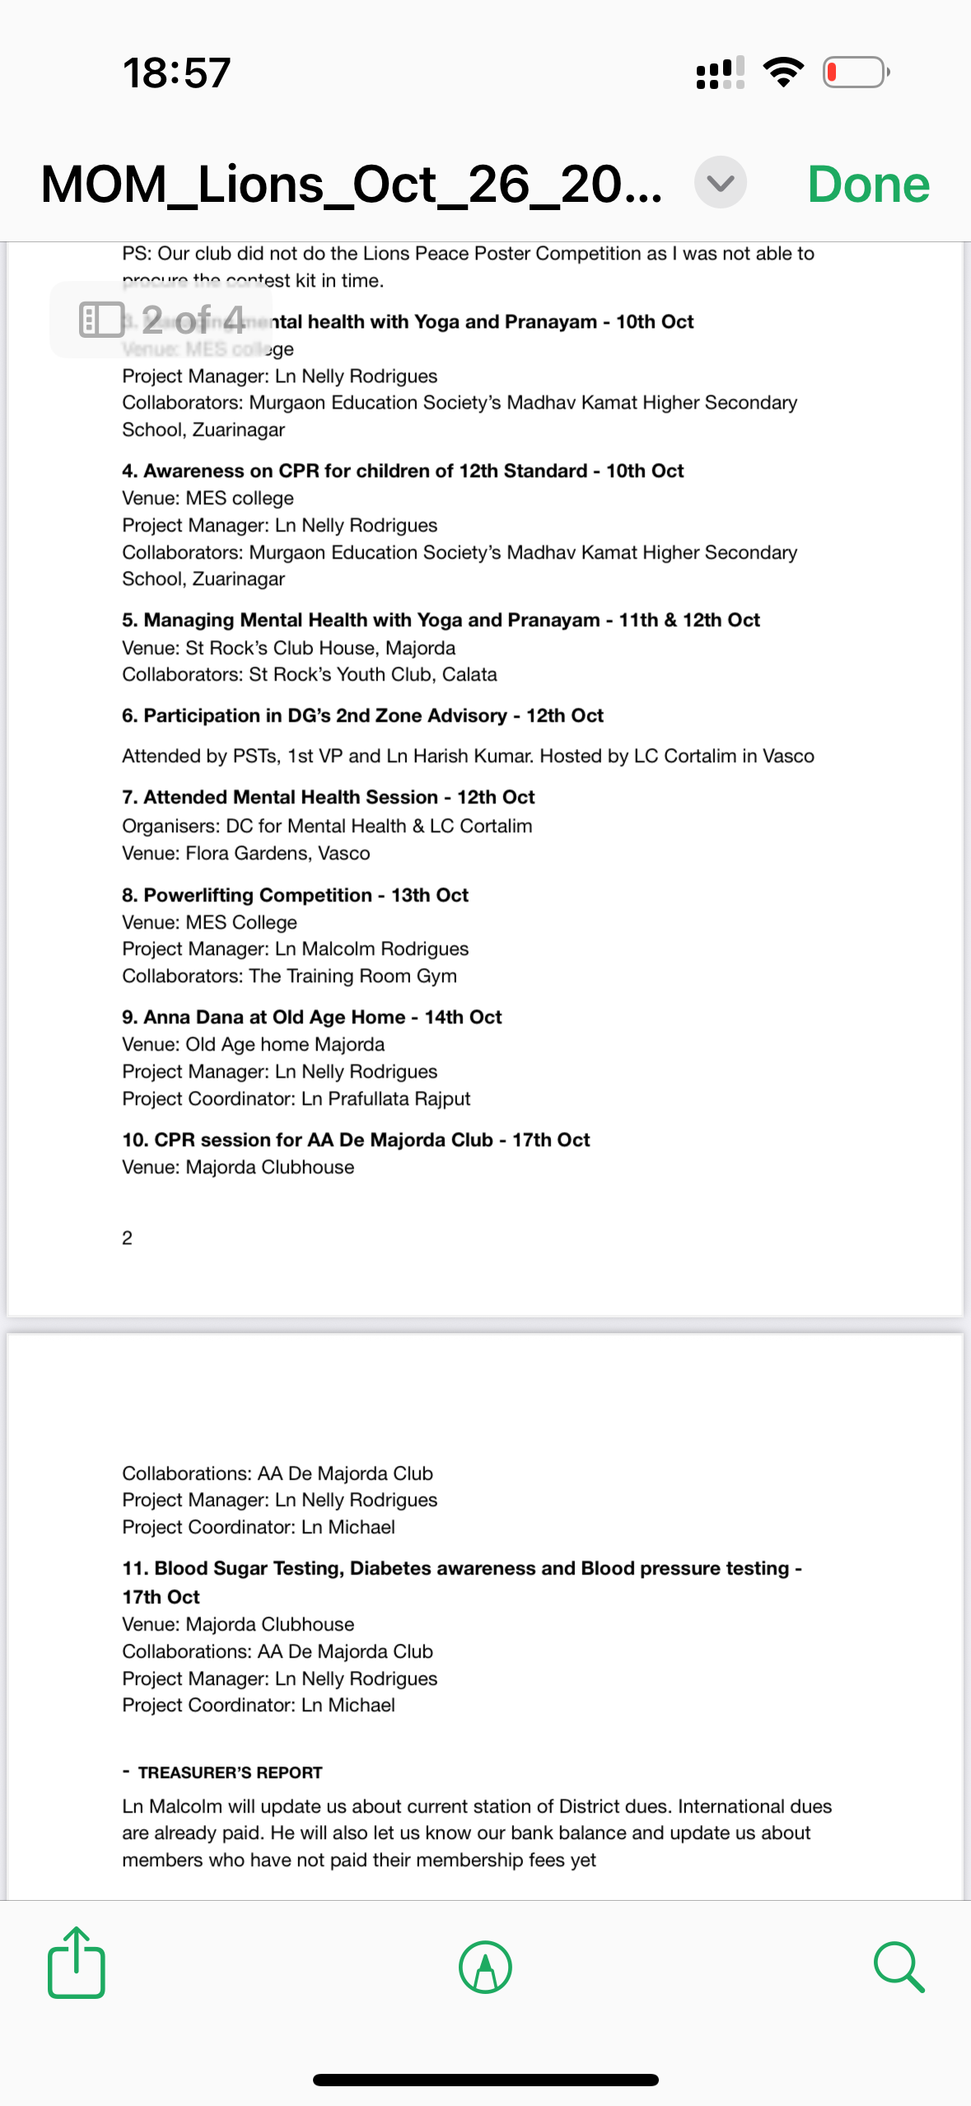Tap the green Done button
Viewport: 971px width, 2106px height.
tap(868, 184)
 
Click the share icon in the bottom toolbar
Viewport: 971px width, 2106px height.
tap(77, 1963)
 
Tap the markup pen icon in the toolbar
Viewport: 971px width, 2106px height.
tap(485, 1967)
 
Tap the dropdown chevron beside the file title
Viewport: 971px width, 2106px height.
tap(720, 182)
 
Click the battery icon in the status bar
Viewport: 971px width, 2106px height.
tap(856, 73)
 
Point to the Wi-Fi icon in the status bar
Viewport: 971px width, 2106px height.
tap(784, 73)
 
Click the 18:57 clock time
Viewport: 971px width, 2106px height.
tap(176, 73)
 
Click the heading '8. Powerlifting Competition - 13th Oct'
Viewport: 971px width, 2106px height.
tap(295, 895)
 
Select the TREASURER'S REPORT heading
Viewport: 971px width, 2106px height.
tap(230, 1772)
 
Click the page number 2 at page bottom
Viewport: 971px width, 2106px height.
tap(127, 1238)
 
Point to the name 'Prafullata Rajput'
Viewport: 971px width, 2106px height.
tap(399, 1098)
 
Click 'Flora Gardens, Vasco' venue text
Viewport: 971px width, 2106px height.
tap(278, 853)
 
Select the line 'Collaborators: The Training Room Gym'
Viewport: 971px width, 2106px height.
tap(289, 976)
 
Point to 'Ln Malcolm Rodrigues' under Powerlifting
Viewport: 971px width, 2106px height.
tap(371, 948)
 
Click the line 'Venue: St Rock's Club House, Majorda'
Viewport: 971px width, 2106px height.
tap(288, 648)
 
